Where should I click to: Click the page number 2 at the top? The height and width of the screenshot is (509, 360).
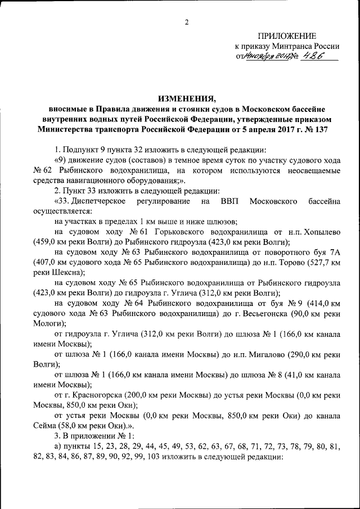(187, 22)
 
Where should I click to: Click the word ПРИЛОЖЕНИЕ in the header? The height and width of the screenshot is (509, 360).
(287, 36)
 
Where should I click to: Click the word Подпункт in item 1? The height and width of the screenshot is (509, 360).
(83, 150)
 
